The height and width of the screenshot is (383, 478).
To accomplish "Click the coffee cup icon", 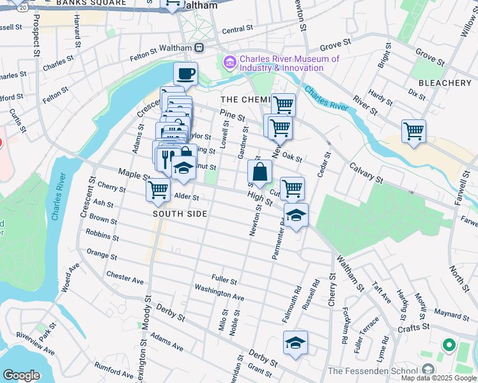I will click(x=185, y=74).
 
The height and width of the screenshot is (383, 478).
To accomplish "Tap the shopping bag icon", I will click(x=260, y=172).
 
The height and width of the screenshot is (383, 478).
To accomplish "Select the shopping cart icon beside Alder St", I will click(x=158, y=190).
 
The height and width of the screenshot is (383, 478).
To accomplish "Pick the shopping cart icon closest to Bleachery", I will click(x=413, y=131).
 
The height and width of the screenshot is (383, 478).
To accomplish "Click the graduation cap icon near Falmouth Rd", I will click(x=295, y=343).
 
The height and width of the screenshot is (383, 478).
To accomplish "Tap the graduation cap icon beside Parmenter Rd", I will click(x=296, y=215).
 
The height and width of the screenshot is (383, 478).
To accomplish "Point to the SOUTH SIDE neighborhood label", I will click(x=180, y=214).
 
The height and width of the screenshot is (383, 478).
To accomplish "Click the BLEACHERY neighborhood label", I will click(x=445, y=83).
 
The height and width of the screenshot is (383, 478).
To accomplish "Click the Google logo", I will click(x=21, y=375).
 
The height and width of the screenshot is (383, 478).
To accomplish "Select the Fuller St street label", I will click(x=224, y=280).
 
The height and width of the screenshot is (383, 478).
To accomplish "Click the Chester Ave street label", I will click(x=125, y=278).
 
